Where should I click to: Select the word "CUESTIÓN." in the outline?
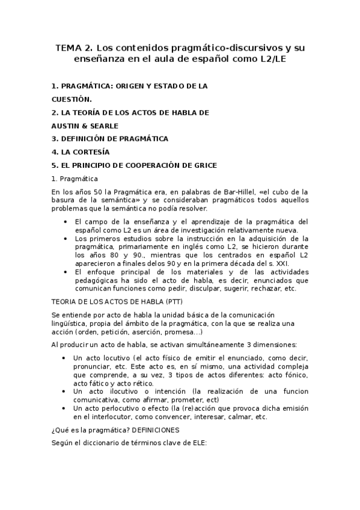click(x=72, y=99)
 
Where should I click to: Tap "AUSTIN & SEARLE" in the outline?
click(x=85, y=125)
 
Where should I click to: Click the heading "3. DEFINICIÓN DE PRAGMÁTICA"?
click(x=109, y=138)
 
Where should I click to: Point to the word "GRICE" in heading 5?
click(x=204, y=165)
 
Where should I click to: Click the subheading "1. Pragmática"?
click(x=76, y=178)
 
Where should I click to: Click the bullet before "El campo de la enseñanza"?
click(x=64, y=223)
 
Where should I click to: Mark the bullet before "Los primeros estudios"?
click(x=64, y=239)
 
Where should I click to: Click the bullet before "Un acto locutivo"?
click(x=64, y=358)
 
